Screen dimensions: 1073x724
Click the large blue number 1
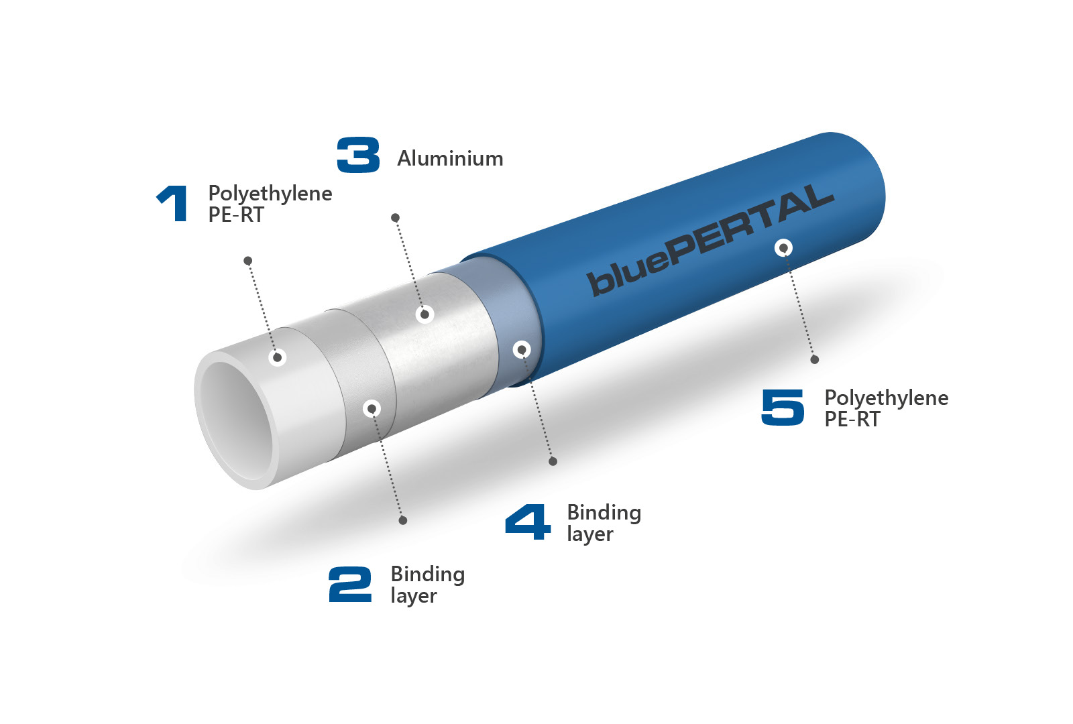pyautogui.click(x=172, y=203)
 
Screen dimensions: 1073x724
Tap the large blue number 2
pyautogui.click(x=350, y=584)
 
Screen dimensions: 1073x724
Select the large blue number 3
pyautogui.click(x=358, y=155)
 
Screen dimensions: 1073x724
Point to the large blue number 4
pyautogui.click(x=528, y=522)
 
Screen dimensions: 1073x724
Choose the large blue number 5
pyautogui.click(x=783, y=407)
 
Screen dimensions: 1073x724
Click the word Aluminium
pyautogui.click(x=450, y=158)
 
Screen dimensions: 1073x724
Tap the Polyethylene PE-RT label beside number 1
pyautogui.click(x=270, y=204)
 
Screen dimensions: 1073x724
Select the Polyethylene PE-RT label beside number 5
pyautogui.click(x=887, y=408)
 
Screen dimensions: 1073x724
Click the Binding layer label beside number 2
pyautogui.click(x=428, y=585)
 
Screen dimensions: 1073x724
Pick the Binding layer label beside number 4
pyautogui.click(x=604, y=523)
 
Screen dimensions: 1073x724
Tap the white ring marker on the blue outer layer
pyautogui.click(x=783, y=248)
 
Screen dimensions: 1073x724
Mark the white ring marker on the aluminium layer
pyautogui.click(x=425, y=314)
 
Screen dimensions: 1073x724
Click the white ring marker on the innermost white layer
pyautogui.click(x=277, y=357)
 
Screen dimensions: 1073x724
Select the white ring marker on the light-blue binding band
pyautogui.click(x=522, y=349)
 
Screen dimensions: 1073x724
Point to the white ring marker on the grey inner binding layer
pyautogui.click(x=372, y=408)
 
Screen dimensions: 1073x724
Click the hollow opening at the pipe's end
pyautogui.click(x=239, y=422)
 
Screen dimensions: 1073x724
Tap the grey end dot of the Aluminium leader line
pyautogui.click(x=395, y=218)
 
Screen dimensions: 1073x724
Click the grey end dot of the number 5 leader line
pyautogui.click(x=815, y=360)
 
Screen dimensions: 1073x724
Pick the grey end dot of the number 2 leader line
pyautogui.click(x=403, y=520)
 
